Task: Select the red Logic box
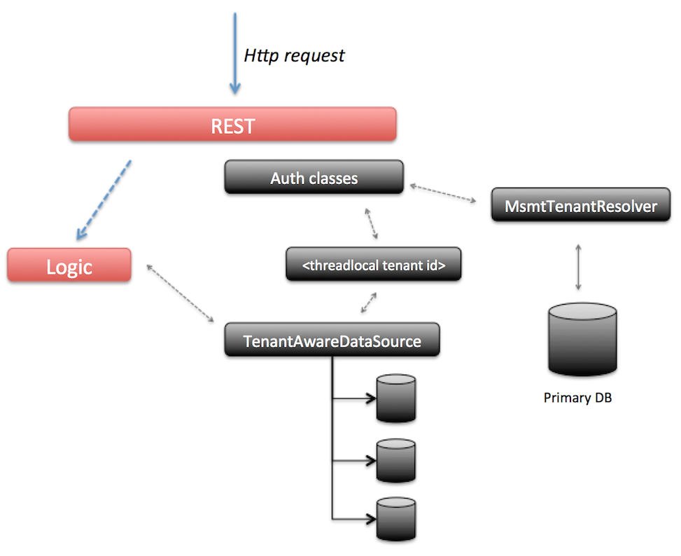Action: tap(69, 265)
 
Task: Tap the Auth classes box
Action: tap(314, 177)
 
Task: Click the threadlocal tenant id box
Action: tap(373, 264)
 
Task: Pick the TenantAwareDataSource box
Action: tap(332, 340)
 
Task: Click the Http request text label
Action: tap(294, 55)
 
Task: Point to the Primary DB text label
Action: tap(577, 398)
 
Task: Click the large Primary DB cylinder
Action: tap(582, 340)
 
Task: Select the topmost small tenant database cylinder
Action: tap(396, 398)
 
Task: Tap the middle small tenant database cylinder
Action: tap(396, 460)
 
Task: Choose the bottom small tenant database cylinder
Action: tap(396, 518)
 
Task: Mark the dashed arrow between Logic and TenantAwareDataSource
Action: tap(180, 294)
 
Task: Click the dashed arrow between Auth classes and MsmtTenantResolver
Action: tap(442, 193)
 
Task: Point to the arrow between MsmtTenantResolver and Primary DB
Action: tap(578, 267)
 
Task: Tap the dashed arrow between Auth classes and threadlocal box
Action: tap(371, 223)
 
